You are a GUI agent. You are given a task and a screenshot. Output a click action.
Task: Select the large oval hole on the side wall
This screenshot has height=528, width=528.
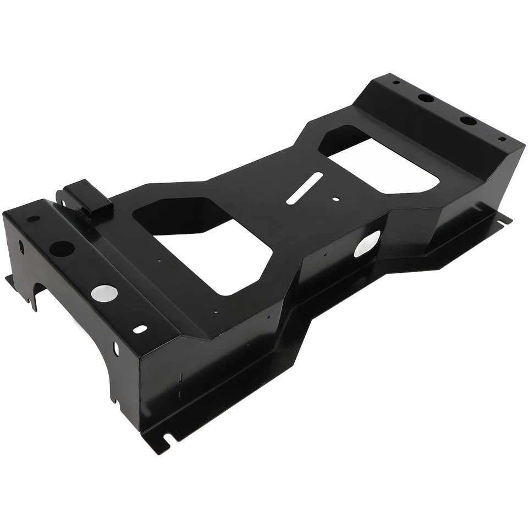pyautogui.click(x=367, y=244)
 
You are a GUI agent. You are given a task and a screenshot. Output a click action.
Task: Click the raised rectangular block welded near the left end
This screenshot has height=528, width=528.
pyautogui.click(x=87, y=199)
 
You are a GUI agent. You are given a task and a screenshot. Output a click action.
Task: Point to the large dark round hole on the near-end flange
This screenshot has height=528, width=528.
pyautogui.click(x=62, y=249)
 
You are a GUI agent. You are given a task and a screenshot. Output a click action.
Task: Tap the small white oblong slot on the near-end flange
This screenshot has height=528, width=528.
pyautogui.click(x=141, y=329)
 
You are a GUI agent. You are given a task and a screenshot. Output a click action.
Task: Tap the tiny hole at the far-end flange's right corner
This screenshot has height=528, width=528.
pyautogui.click(x=501, y=140)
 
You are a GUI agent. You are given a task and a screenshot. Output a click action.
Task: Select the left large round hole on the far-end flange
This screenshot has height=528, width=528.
pyautogui.click(x=425, y=98)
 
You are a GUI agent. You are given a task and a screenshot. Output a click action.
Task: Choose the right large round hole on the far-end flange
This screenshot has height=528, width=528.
pyautogui.click(x=468, y=120)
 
